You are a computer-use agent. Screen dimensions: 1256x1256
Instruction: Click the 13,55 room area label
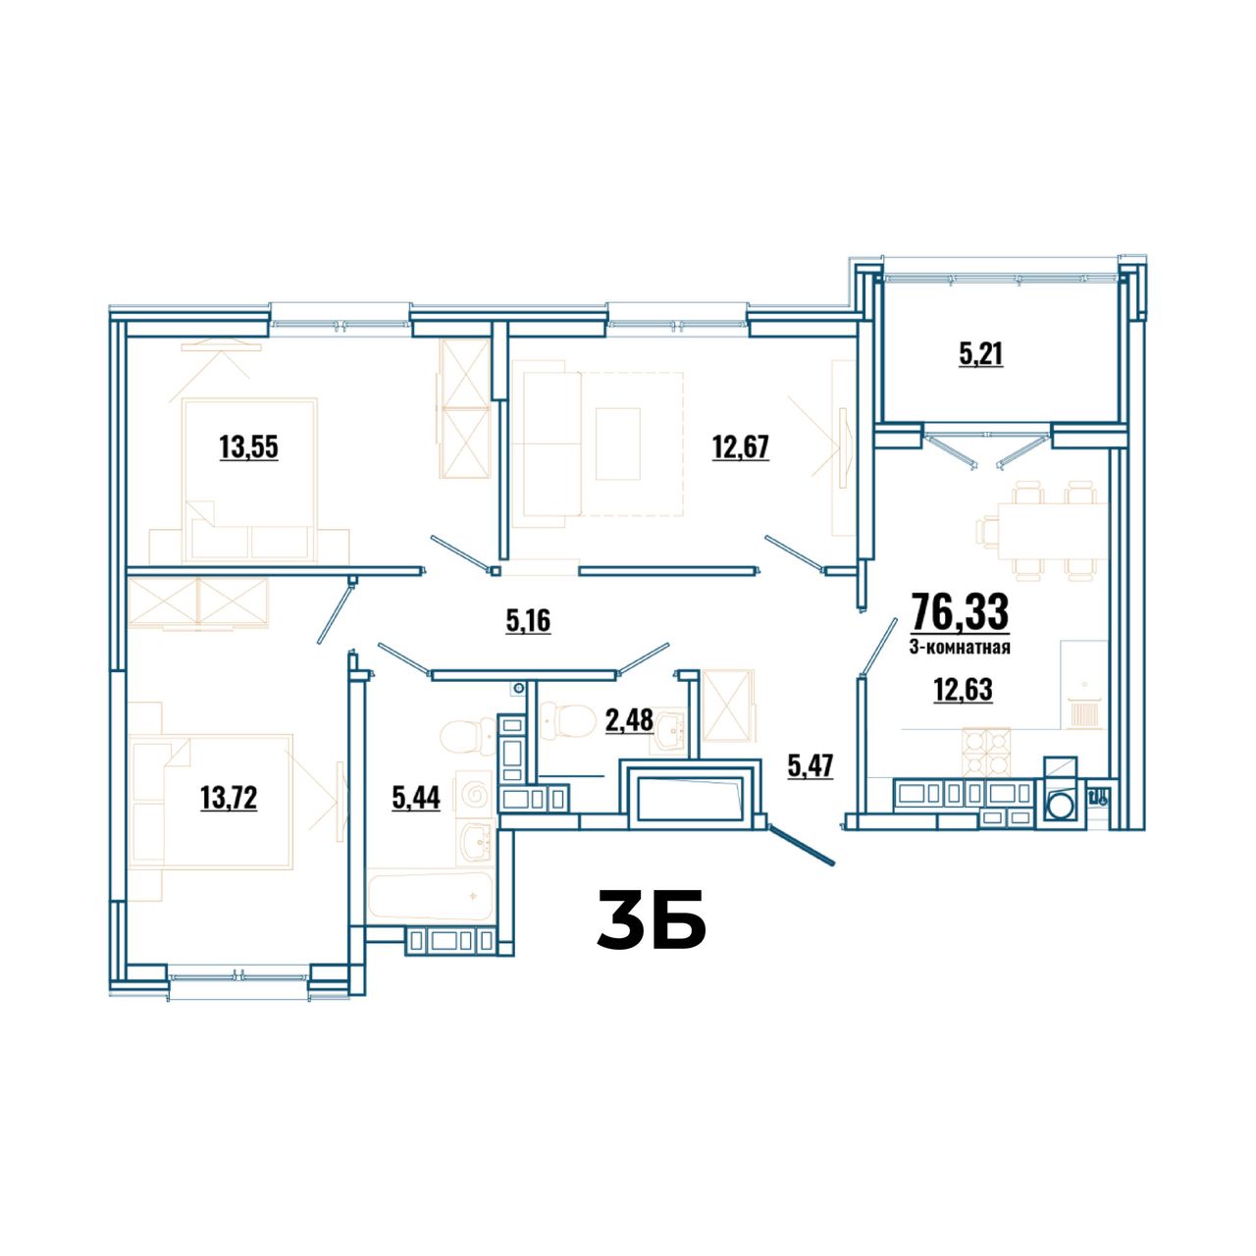point(248,447)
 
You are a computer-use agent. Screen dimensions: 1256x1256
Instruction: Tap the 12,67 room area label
point(741,447)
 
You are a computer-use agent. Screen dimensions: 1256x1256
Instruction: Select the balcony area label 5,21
point(980,354)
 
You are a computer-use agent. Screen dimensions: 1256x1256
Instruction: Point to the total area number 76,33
point(960,610)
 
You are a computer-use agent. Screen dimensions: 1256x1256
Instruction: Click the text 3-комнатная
point(960,648)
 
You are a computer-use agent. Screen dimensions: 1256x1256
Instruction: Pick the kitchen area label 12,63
point(963,690)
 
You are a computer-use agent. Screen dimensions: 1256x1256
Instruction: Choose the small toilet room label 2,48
point(629,721)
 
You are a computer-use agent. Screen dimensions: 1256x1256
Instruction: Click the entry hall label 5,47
point(811,765)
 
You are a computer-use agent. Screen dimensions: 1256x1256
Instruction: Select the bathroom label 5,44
point(416,797)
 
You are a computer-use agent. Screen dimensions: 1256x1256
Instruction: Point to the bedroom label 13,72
point(229,797)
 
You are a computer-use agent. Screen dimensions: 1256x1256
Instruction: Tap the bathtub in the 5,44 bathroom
point(430,896)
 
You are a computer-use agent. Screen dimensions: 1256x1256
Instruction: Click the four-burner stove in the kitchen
point(985,752)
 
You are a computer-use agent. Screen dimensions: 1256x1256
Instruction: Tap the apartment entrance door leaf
point(801,845)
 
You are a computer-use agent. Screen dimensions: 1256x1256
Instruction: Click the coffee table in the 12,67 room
point(618,444)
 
